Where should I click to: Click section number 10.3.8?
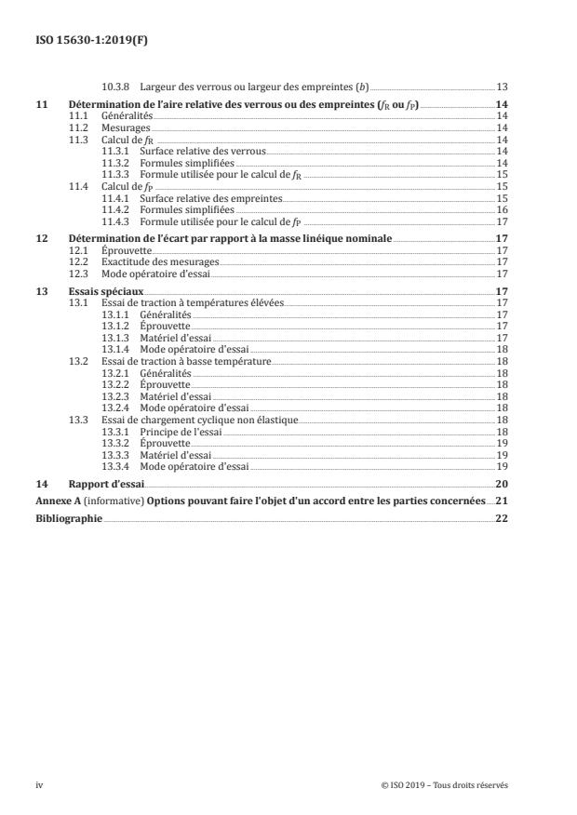point(115,87)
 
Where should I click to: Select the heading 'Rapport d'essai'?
point(107,485)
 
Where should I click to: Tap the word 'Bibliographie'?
point(68,517)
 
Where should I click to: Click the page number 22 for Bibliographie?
point(503,517)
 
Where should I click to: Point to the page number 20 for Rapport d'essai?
point(503,485)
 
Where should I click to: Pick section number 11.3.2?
point(115,161)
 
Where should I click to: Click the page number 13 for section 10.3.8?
point(503,87)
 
